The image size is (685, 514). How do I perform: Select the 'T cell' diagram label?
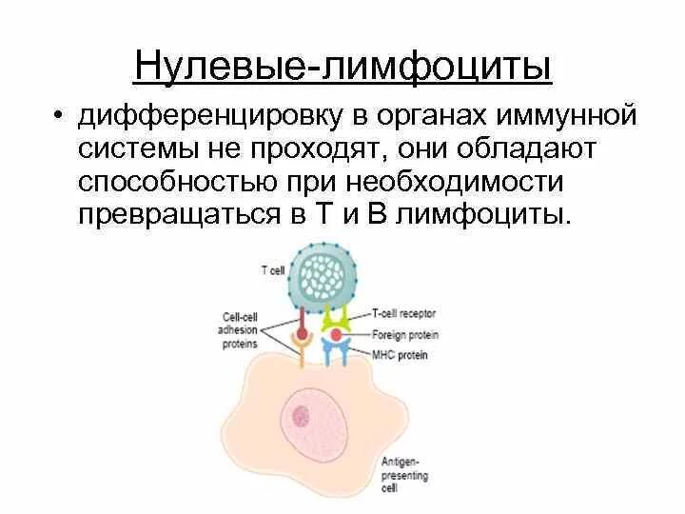pos(272,269)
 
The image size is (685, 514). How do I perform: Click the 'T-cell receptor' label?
pos(402,311)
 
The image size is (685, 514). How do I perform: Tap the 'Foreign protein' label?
pos(403,333)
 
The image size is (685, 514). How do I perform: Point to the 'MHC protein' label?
pos(400,356)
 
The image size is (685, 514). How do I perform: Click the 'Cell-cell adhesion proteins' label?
pos(240,329)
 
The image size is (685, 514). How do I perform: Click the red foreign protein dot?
pos(336,334)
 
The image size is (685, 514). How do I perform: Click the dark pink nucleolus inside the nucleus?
pos(303,414)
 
